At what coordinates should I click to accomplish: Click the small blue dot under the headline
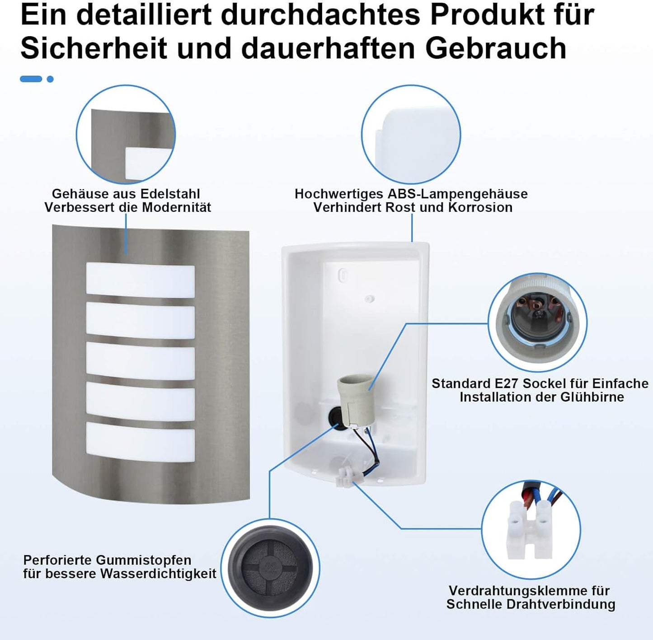pos(50,79)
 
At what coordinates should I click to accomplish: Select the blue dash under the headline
pos(31,79)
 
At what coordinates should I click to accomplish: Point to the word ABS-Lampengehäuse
pos(457,194)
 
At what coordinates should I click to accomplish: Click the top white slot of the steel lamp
pos(140,281)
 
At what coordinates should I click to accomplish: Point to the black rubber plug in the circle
pos(270,567)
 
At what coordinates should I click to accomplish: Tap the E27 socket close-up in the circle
pos(537,321)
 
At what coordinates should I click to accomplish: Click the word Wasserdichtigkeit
pos(158,574)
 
